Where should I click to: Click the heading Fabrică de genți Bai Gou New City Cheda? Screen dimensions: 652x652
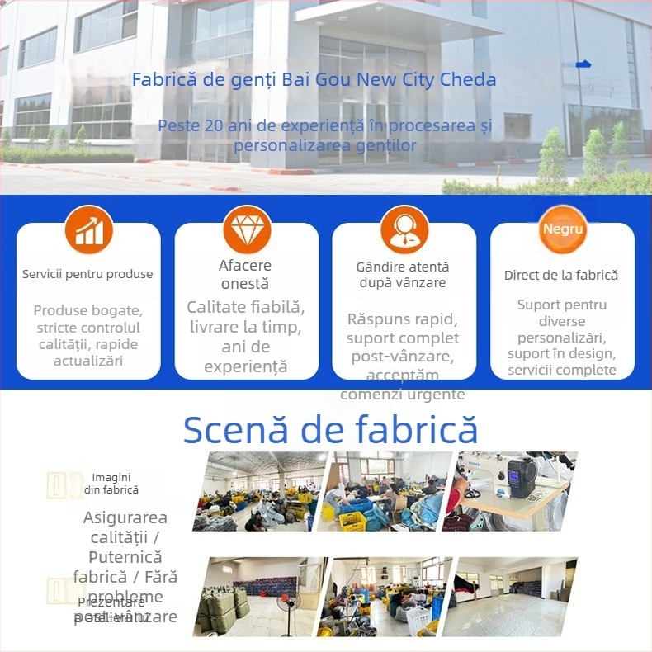(314, 80)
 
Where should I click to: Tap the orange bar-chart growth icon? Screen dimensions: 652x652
(89, 230)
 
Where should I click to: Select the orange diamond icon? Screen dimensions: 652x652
(247, 229)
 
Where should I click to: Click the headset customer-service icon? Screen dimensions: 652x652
(404, 229)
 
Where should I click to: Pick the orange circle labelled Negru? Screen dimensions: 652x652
(563, 229)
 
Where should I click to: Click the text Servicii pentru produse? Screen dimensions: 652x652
(87, 274)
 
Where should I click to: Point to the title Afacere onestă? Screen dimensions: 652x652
(245, 275)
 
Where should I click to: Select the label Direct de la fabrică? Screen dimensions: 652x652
(561, 275)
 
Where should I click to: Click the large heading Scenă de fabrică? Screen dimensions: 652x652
(330, 430)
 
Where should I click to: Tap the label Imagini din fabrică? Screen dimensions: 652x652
(111, 484)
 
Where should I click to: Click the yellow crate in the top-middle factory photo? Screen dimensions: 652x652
(353, 520)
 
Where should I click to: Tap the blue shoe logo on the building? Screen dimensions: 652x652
(583, 64)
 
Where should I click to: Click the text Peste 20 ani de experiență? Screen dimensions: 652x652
(325, 135)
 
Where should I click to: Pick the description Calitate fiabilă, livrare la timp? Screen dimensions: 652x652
(246, 337)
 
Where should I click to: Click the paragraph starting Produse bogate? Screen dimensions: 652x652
(88, 335)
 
